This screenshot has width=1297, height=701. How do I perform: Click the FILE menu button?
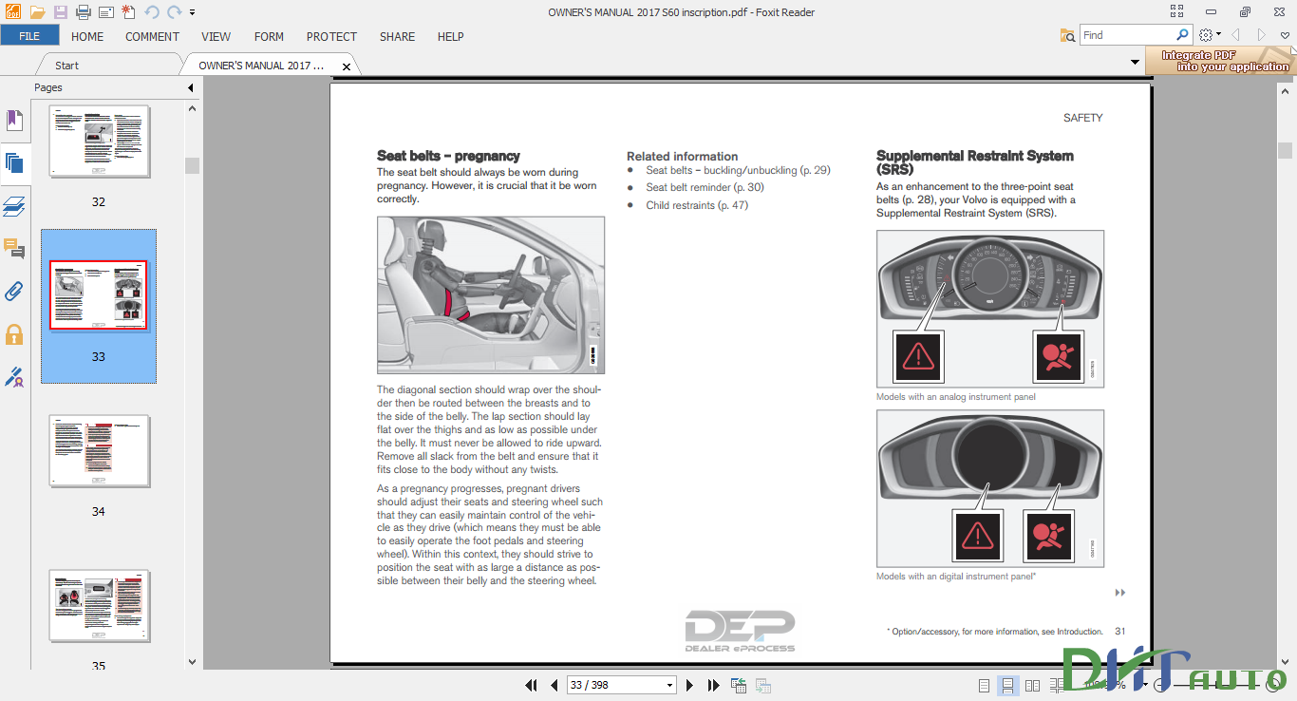(x=29, y=36)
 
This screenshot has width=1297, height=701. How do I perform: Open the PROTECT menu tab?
(x=331, y=36)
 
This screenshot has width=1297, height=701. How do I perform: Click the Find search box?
(x=1129, y=35)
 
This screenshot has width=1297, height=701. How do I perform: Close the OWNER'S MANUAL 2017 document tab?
(x=347, y=66)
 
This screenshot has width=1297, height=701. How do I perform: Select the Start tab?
(x=66, y=66)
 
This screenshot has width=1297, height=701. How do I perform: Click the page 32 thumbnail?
(x=99, y=142)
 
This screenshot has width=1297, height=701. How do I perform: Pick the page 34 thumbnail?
(x=99, y=450)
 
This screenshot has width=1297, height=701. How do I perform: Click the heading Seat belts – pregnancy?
(x=448, y=156)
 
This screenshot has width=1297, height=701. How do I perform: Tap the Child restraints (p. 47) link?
(x=697, y=205)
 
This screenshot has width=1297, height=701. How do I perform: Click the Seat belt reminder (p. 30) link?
(x=705, y=187)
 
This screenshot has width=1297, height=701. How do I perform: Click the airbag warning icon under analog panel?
(x=1057, y=357)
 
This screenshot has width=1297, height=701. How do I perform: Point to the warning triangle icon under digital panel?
(x=977, y=535)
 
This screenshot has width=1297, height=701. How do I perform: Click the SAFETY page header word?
(x=1082, y=118)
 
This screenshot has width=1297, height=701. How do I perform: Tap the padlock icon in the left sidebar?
(x=14, y=334)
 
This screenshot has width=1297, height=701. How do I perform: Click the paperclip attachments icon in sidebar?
(x=14, y=291)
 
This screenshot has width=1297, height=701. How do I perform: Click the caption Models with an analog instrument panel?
(x=955, y=397)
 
